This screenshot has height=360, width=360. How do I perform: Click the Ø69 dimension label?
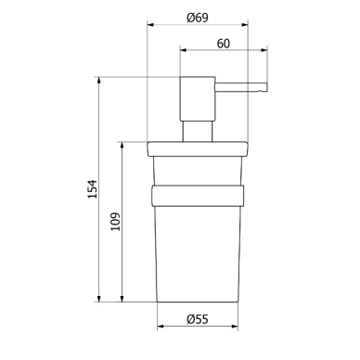coord(198,18)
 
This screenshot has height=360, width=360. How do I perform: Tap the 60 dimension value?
coord(224,44)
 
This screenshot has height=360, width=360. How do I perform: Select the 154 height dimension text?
coord(93,189)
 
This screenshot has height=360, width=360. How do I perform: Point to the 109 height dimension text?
coord(116,222)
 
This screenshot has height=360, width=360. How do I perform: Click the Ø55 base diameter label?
coord(198,319)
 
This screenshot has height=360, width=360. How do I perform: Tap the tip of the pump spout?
coord(266,87)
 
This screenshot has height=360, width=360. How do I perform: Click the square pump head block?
coord(198,98)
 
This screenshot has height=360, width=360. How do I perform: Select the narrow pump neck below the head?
coord(198,132)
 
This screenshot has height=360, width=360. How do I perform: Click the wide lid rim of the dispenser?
coord(198,149)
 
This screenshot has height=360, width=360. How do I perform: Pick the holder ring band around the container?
coord(198,196)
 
